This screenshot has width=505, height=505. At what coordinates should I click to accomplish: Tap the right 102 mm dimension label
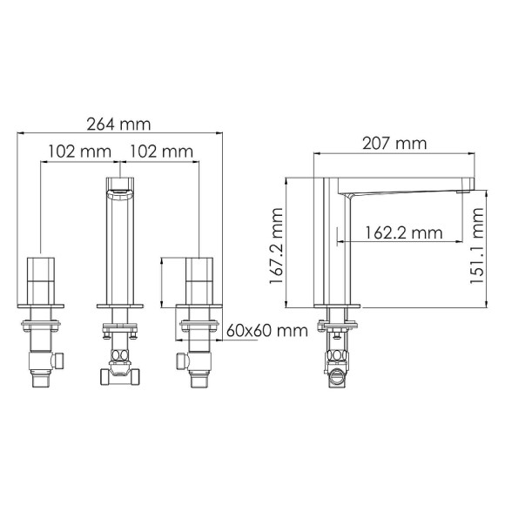pyautogui.click(x=161, y=151)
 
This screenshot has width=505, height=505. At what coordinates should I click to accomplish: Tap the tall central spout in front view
pyautogui.click(x=120, y=248)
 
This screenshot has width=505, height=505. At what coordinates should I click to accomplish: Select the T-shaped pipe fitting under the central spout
pyautogui.click(x=120, y=373)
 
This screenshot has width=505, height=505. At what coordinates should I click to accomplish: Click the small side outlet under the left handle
pyautogui.click(x=59, y=359)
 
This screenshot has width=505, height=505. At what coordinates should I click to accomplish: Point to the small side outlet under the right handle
pyautogui.click(x=181, y=359)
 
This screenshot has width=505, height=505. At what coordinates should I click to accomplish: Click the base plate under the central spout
pyautogui.click(x=120, y=306)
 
